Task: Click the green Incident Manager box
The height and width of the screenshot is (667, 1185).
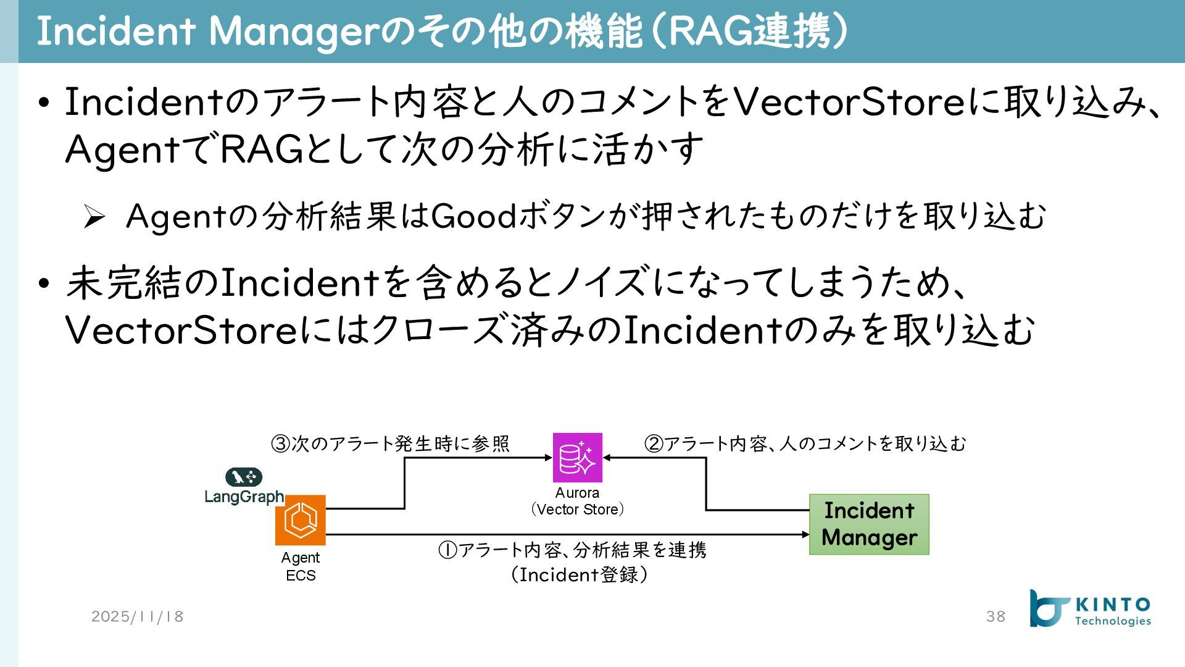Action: point(869,524)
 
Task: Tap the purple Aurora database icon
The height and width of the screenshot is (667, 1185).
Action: point(577,458)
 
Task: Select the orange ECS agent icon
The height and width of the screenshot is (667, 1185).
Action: point(301,520)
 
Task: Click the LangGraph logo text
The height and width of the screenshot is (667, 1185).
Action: point(244,497)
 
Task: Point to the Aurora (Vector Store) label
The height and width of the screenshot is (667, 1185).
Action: point(577,501)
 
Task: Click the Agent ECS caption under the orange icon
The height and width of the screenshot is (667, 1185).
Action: point(301,566)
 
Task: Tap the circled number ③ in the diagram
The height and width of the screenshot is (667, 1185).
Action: point(281,444)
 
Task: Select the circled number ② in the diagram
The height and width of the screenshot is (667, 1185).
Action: point(654,444)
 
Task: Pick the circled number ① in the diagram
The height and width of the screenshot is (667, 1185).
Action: point(447,550)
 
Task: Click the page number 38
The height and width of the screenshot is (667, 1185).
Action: point(996,616)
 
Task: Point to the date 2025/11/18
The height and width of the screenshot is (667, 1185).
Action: point(138,616)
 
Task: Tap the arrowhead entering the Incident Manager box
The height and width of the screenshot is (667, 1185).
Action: point(805,534)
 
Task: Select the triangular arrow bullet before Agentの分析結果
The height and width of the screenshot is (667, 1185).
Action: point(94,217)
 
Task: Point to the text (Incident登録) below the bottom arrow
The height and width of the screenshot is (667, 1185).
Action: point(579,575)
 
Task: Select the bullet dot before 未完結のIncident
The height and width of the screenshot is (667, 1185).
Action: point(43,283)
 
